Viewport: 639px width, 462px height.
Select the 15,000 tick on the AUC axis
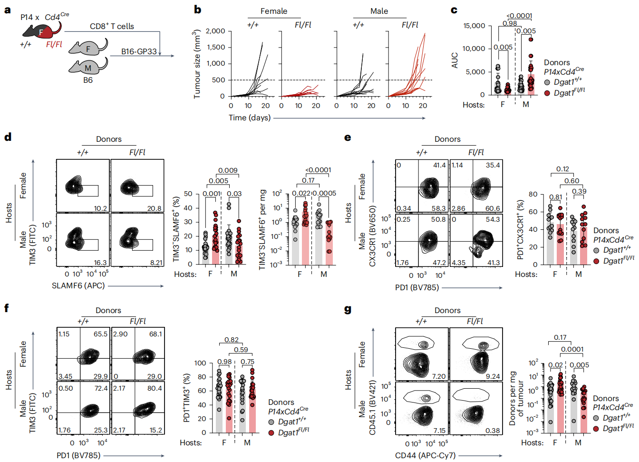point(474,26)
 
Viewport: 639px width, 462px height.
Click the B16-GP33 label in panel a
point(138,51)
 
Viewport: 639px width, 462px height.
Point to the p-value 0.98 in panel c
point(510,23)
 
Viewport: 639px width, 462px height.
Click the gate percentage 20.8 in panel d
point(154,208)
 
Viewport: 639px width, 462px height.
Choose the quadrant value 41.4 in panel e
point(439,165)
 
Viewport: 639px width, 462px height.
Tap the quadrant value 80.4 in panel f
point(155,388)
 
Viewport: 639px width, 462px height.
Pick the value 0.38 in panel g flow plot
point(493,431)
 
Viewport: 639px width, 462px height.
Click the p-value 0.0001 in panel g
point(572,349)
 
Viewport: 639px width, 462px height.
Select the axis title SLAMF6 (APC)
point(78,285)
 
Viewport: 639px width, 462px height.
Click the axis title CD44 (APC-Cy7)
point(425,455)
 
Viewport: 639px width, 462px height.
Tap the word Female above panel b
point(273,11)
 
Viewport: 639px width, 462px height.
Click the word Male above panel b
point(379,11)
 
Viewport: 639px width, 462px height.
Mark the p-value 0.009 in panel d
point(228,170)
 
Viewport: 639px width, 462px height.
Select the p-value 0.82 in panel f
point(231,340)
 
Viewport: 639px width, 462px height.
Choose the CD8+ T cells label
point(112,26)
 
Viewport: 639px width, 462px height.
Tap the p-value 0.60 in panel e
point(571,181)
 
